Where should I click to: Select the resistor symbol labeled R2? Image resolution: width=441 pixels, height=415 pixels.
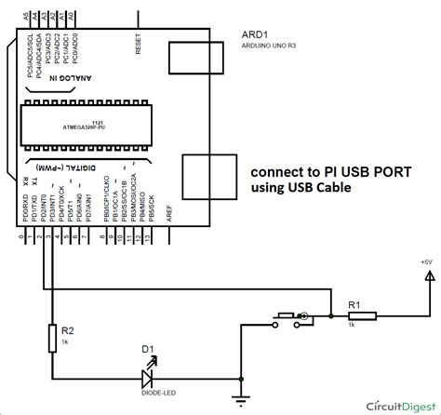click(x=51, y=314)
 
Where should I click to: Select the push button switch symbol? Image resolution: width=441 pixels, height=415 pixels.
click(x=291, y=291)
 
